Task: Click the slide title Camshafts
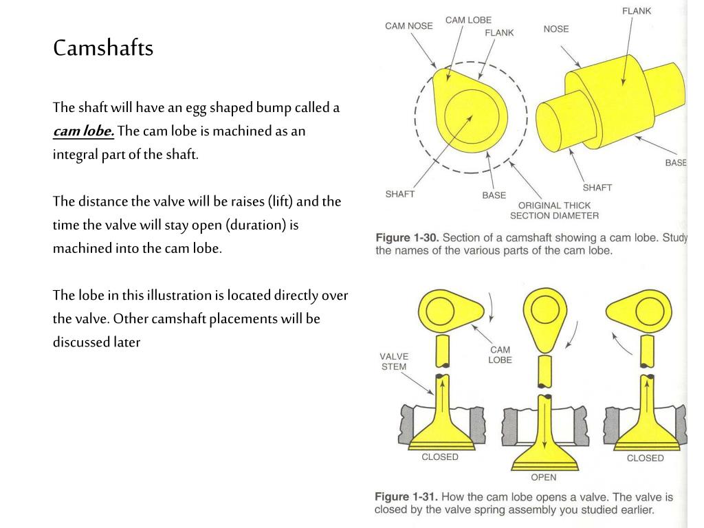click(x=103, y=48)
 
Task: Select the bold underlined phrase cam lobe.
click(x=83, y=131)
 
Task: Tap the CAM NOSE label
click(x=409, y=25)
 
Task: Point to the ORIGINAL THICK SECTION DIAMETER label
click(x=554, y=210)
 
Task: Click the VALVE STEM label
click(x=394, y=361)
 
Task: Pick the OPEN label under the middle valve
click(x=543, y=477)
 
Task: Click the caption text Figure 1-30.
click(x=406, y=238)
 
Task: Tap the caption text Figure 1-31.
click(x=406, y=497)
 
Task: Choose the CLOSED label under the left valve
click(x=440, y=457)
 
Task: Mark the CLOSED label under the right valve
click(x=645, y=458)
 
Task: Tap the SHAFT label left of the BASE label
click(x=400, y=194)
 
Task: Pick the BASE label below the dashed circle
click(x=494, y=195)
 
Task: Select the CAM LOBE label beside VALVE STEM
click(x=500, y=355)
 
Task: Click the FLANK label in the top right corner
click(x=637, y=11)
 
